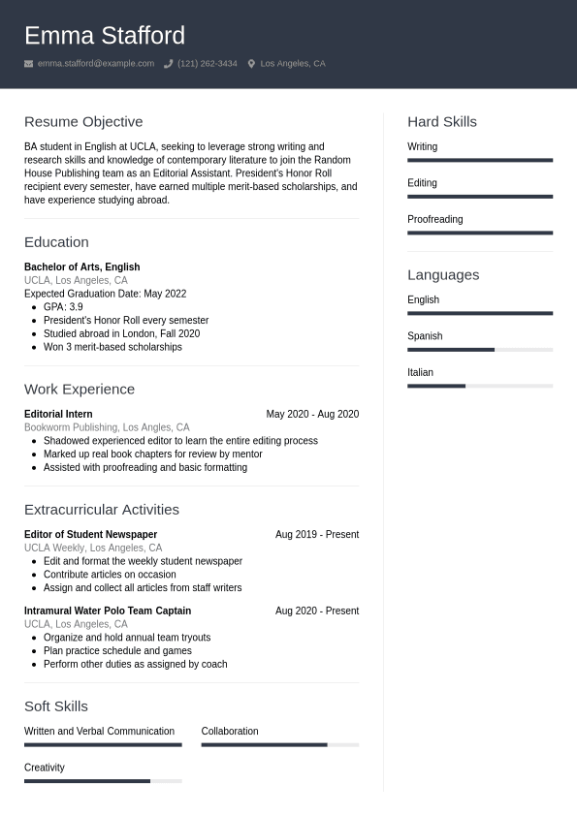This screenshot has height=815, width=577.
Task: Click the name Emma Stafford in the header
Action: [105, 36]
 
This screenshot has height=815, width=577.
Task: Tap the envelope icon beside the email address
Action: [29, 64]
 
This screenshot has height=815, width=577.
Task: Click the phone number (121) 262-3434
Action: [207, 64]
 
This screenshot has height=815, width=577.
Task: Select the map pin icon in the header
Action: [251, 64]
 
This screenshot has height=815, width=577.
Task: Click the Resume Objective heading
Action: [83, 122]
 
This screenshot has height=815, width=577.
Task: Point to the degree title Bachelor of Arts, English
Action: [81, 266]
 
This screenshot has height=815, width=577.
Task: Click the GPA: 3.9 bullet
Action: [63, 307]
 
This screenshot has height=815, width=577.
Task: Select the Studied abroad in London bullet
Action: [121, 333]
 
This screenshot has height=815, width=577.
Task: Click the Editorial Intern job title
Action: [58, 414]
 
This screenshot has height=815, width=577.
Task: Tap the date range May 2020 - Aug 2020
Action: [312, 414]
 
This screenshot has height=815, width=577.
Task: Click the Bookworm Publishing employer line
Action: [107, 427]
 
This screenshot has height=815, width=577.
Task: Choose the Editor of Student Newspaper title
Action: [90, 534]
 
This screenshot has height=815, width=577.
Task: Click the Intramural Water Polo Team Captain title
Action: [108, 611]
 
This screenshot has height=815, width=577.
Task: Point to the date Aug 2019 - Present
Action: [317, 534]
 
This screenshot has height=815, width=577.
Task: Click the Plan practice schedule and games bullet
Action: [117, 651]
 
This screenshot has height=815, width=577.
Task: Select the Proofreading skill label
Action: [434, 219]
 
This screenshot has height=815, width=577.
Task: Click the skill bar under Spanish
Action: [480, 349]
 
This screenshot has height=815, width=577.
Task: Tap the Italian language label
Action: [420, 372]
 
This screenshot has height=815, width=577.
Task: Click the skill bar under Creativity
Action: [103, 780]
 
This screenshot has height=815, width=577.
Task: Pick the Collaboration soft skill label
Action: [230, 731]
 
